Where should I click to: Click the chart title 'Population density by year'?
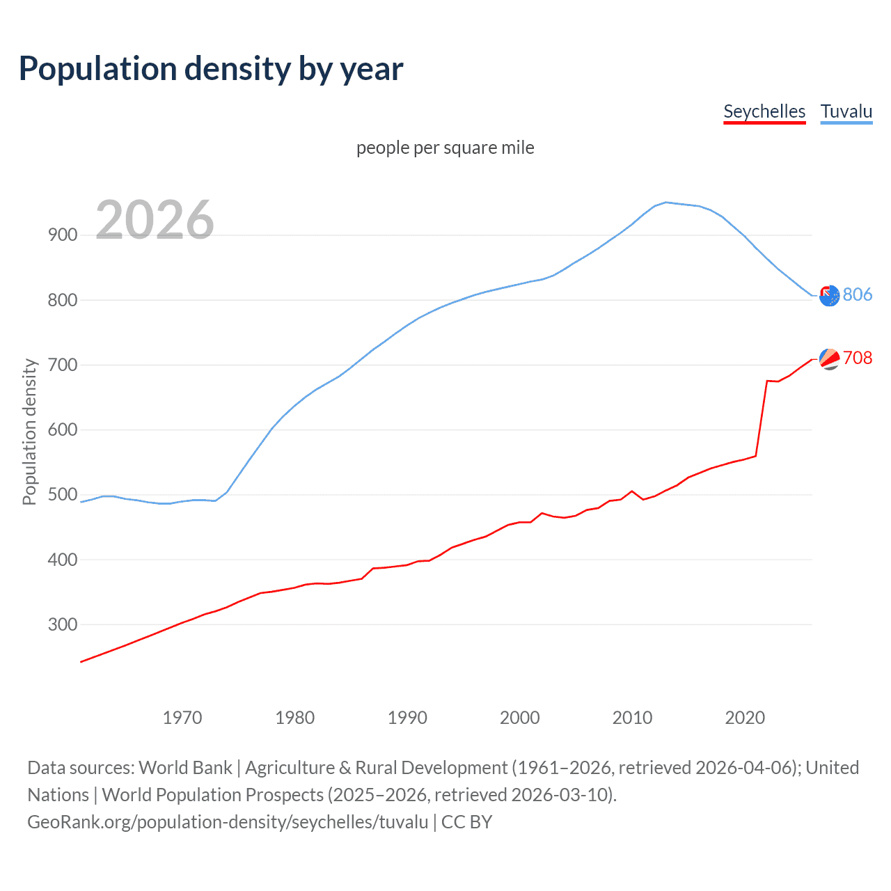(x=211, y=69)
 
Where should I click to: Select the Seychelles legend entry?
(x=764, y=111)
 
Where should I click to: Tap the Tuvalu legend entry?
(x=846, y=111)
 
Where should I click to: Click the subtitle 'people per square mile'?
(x=445, y=148)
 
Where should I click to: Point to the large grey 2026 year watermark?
(x=155, y=220)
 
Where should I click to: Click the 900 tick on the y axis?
(x=63, y=235)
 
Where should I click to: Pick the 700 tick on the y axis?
(x=63, y=365)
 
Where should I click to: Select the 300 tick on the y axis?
(x=63, y=624)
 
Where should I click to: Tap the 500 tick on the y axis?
(x=63, y=495)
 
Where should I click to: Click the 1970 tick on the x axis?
(x=182, y=718)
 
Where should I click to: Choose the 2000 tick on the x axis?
(x=520, y=718)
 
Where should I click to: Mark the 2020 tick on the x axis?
(x=745, y=718)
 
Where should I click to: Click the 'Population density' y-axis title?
(x=29, y=432)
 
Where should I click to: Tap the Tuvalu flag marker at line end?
(x=829, y=296)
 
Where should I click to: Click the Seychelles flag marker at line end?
(x=829, y=358)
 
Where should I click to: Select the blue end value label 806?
(x=857, y=294)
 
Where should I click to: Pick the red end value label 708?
(x=857, y=358)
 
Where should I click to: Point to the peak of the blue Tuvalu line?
(x=666, y=203)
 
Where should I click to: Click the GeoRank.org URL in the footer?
(x=228, y=822)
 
